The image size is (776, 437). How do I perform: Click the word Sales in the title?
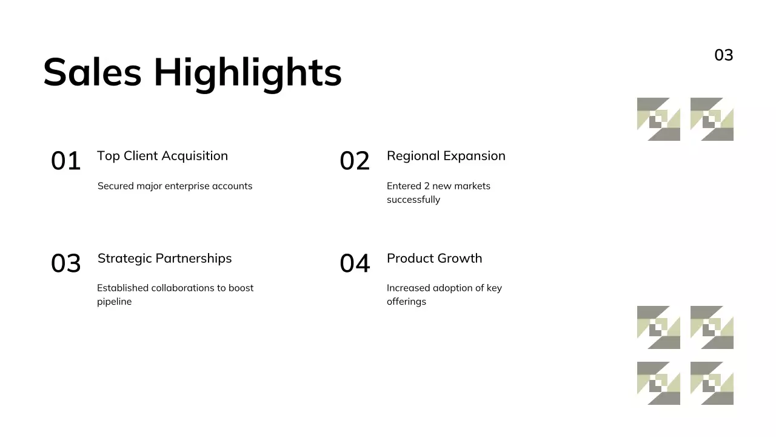(x=92, y=72)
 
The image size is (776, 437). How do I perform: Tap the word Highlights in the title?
(x=247, y=73)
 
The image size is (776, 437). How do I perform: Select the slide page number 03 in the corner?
(x=723, y=55)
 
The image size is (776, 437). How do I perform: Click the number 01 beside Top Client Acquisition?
(x=65, y=161)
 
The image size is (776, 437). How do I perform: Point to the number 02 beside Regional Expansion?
(x=355, y=161)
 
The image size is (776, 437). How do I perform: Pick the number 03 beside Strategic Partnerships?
(x=65, y=264)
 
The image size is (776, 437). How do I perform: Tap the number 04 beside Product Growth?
(x=355, y=264)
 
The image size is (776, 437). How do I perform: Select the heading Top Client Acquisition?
(x=162, y=156)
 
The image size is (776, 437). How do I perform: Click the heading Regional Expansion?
(x=446, y=156)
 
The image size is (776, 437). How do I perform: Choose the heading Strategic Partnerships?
(x=164, y=259)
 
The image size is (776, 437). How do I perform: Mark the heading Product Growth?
(x=434, y=259)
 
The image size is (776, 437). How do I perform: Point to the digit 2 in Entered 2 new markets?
(x=426, y=186)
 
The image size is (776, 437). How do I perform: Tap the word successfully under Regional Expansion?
(x=413, y=200)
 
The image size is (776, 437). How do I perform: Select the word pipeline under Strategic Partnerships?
(x=114, y=302)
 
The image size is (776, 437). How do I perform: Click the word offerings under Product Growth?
(x=406, y=302)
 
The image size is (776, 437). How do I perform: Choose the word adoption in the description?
(x=448, y=288)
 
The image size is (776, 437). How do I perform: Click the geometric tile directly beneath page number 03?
(x=712, y=119)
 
